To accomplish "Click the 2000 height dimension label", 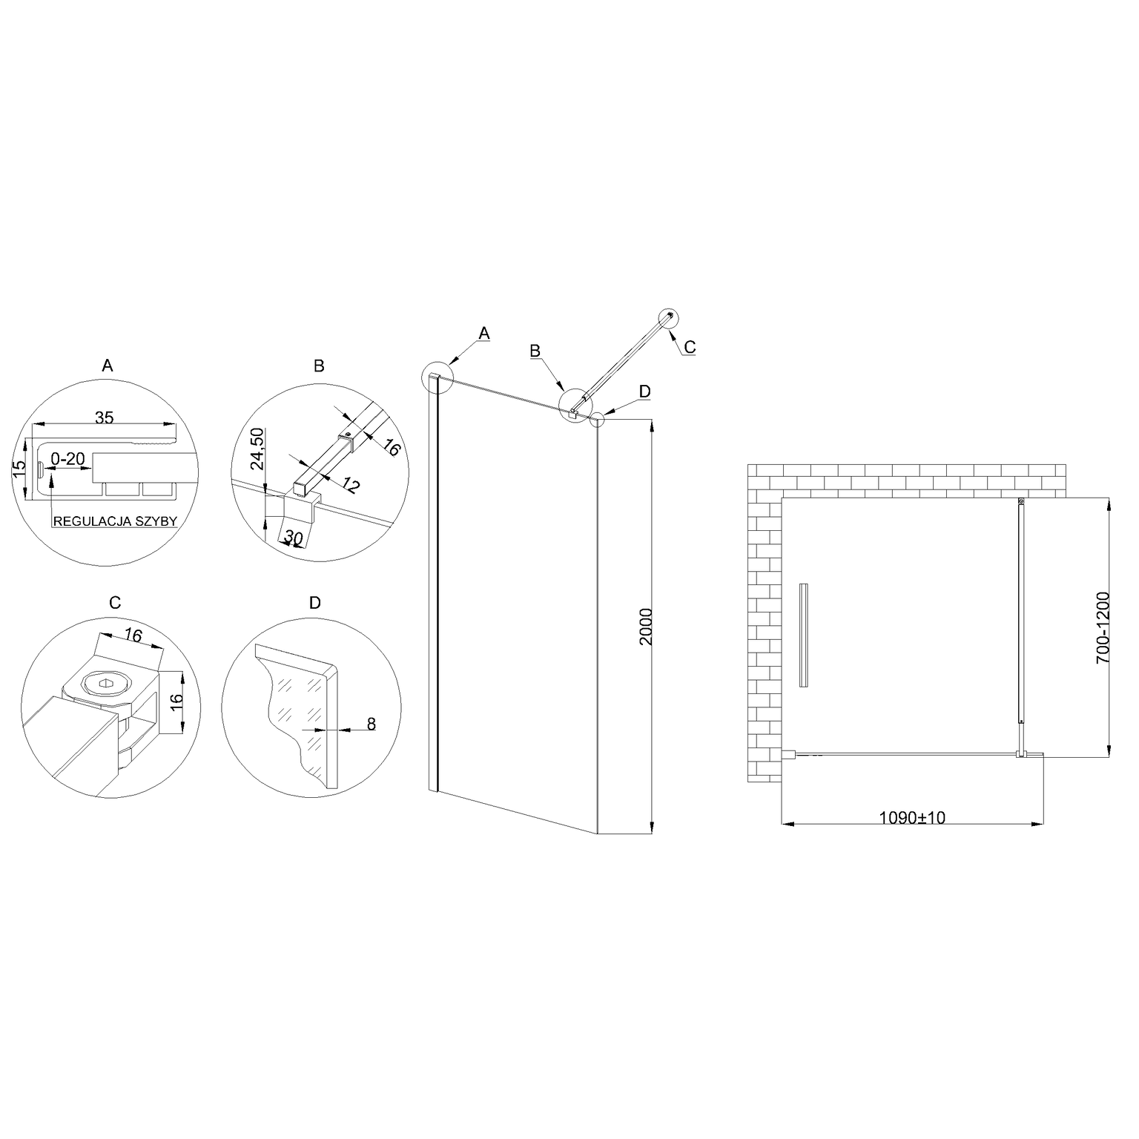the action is pyautogui.click(x=645, y=627).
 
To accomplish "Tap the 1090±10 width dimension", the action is pyautogui.click(x=912, y=818).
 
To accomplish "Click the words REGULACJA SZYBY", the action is pyautogui.click(x=115, y=521).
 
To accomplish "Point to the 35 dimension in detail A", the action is pyautogui.click(x=105, y=417).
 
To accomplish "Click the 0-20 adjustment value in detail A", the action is pyautogui.click(x=67, y=460).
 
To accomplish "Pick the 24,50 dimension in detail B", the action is pyautogui.click(x=257, y=449).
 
